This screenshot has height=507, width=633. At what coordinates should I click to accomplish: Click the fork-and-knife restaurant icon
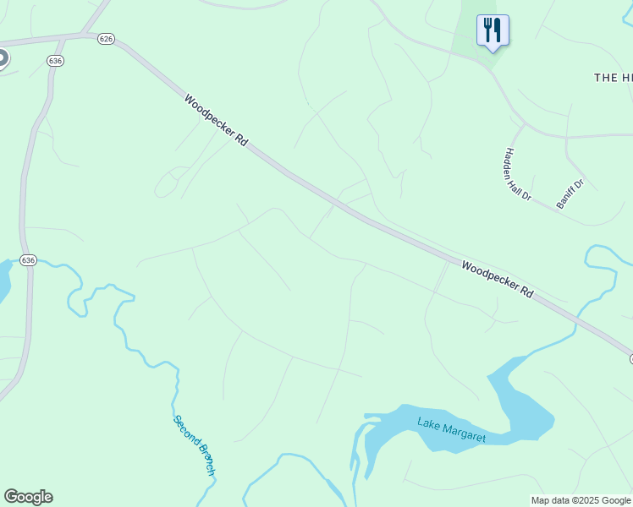click(x=493, y=30)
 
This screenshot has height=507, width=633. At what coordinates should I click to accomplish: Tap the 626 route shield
click(x=106, y=39)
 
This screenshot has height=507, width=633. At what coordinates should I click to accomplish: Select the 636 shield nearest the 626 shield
click(x=56, y=61)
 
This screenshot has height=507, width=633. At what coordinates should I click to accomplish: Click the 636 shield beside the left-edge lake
click(x=29, y=260)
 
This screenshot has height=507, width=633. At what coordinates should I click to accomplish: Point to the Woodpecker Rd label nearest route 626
click(x=216, y=120)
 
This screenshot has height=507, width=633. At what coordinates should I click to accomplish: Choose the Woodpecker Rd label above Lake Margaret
click(x=498, y=279)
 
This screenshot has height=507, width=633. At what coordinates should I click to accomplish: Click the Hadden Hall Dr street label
click(x=517, y=174)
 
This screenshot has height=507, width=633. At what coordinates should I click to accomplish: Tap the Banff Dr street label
click(x=570, y=194)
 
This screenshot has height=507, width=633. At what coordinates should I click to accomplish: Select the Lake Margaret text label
click(x=451, y=428)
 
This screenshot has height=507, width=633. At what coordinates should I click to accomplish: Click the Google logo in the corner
click(x=28, y=497)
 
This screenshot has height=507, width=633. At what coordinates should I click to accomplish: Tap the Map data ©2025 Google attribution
click(x=581, y=500)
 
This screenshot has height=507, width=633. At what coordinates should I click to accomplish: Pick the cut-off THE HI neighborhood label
click(x=613, y=77)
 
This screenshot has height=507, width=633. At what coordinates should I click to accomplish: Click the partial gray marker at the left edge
click(x=3, y=58)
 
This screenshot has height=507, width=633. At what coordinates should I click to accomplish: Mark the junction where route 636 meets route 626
click(x=85, y=35)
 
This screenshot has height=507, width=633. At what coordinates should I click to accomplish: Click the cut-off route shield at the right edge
click(x=630, y=359)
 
